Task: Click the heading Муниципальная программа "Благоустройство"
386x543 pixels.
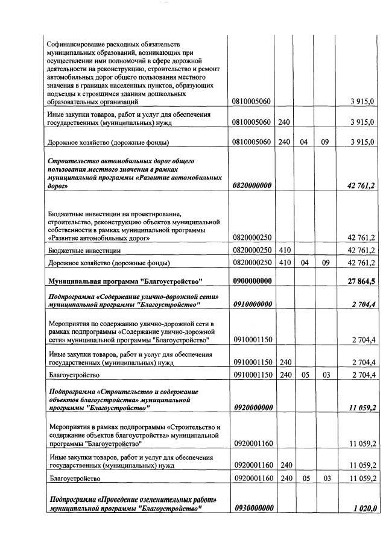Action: point(124,281)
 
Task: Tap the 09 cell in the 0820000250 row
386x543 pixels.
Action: point(324,263)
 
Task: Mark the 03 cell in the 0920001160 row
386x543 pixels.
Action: point(324,479)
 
